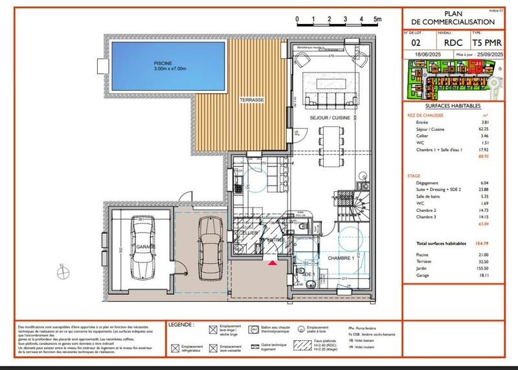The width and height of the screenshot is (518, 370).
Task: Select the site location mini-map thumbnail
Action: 453,81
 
